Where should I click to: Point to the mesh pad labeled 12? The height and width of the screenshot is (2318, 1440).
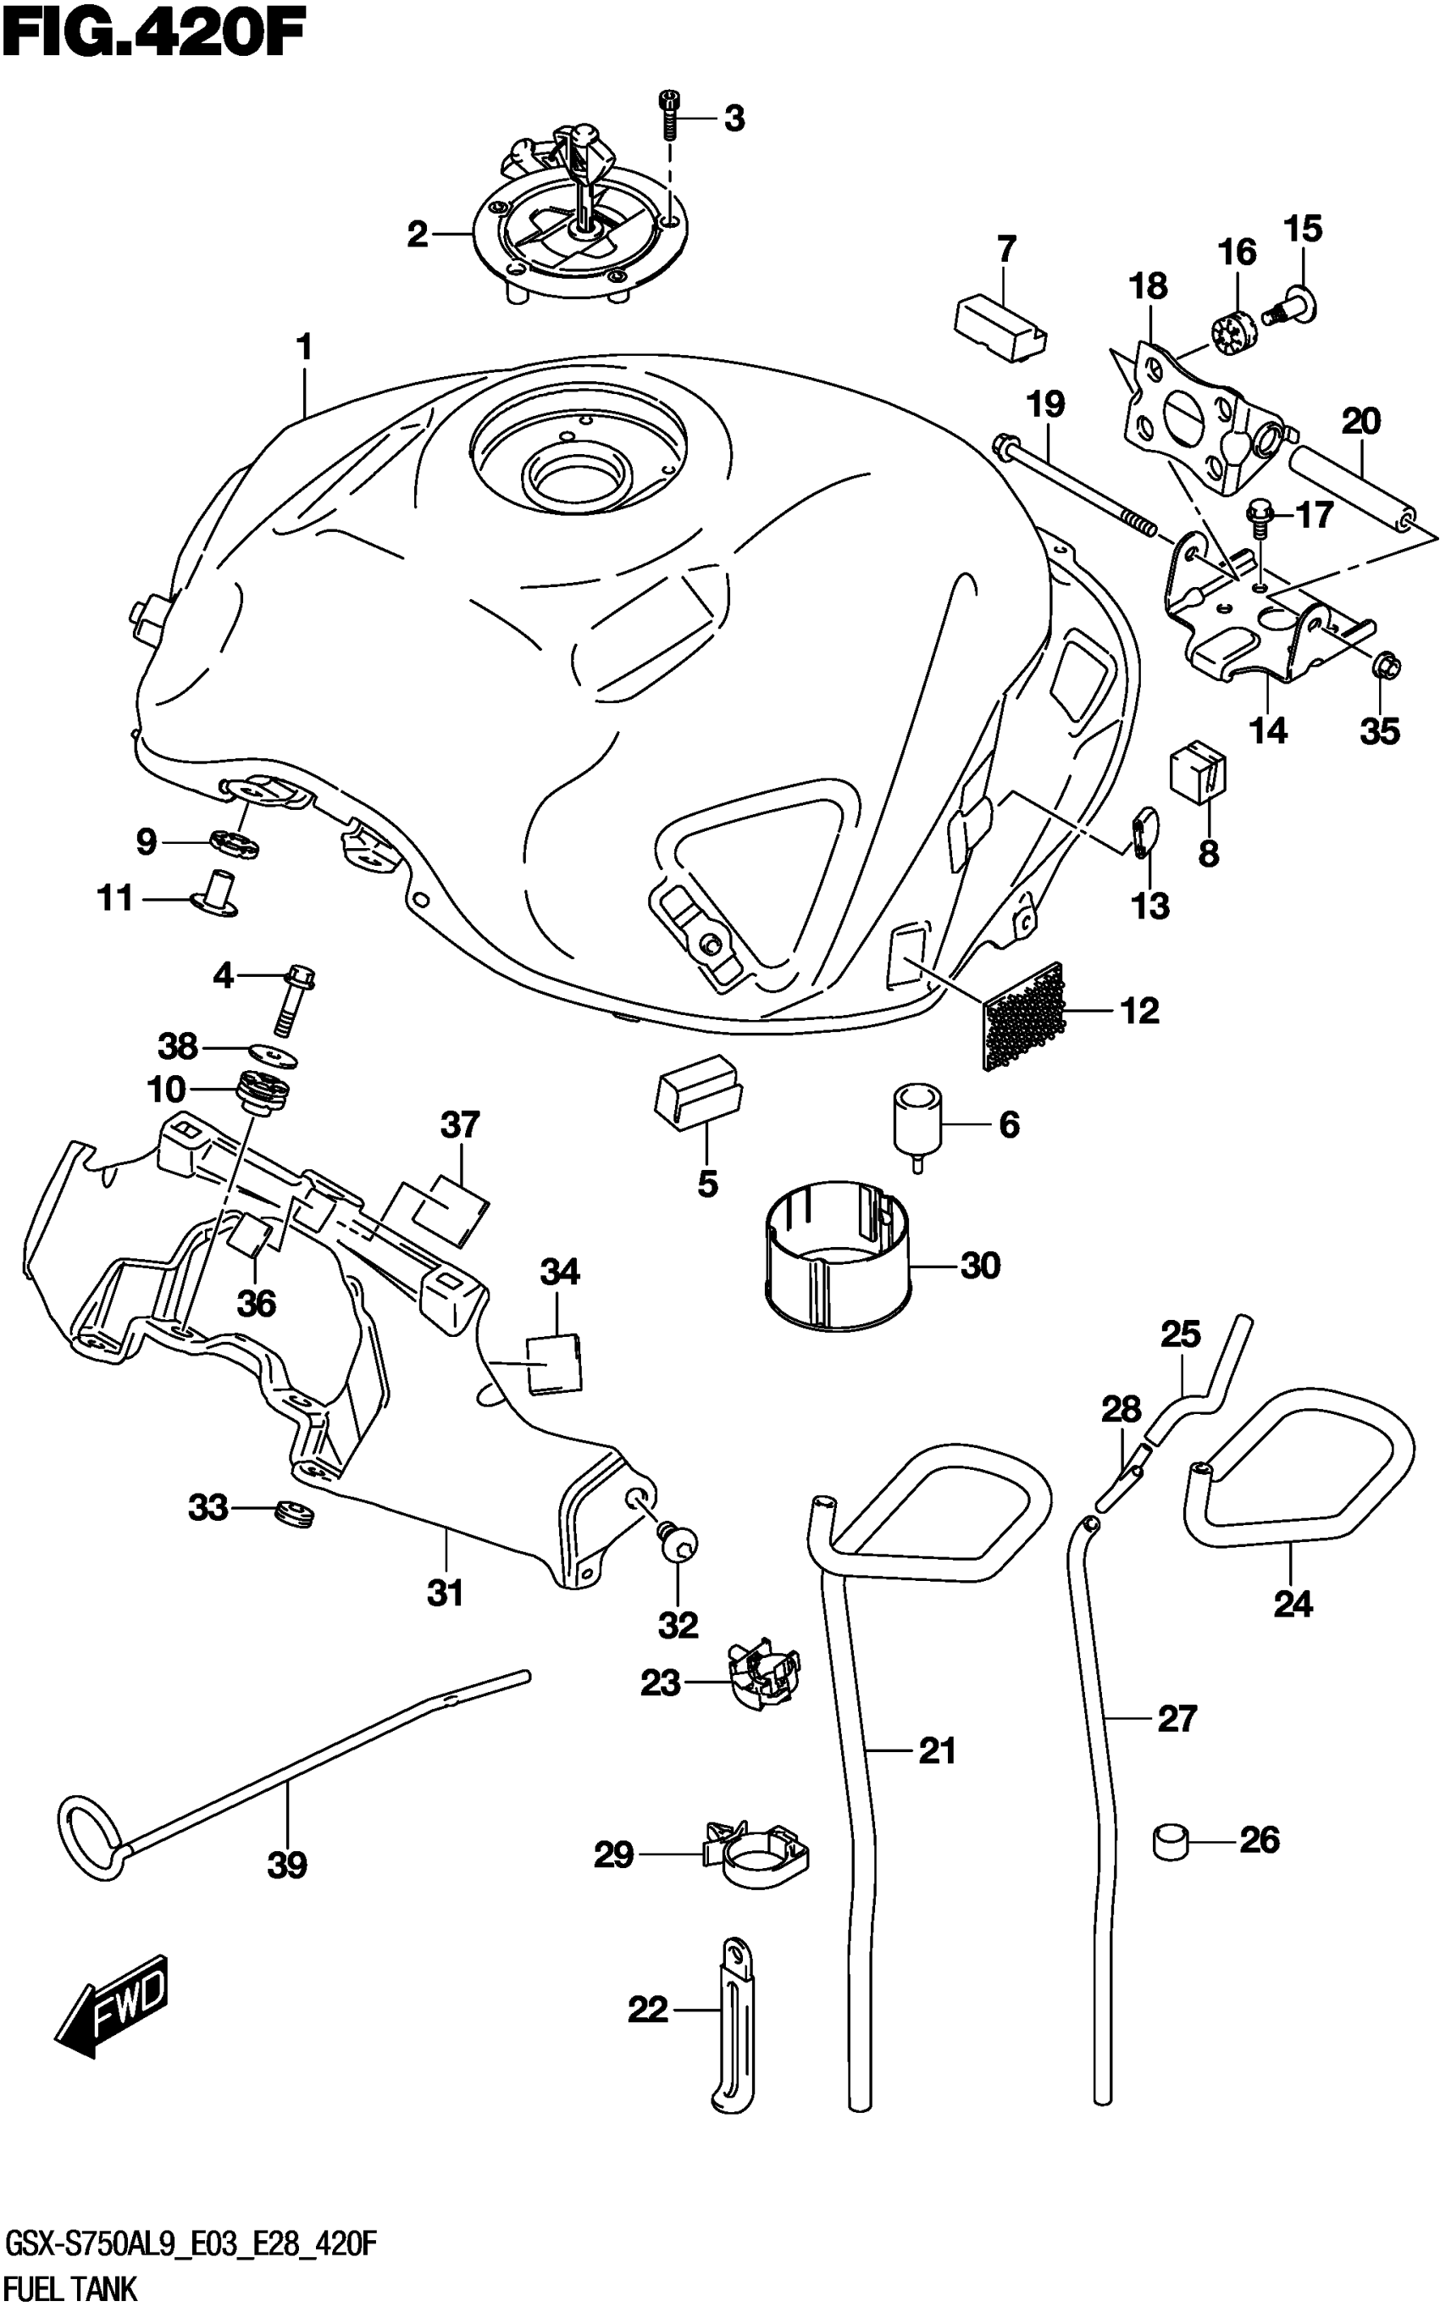[x=1025, y=1013]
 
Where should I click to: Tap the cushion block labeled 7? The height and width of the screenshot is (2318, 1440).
[x=1000, y=328]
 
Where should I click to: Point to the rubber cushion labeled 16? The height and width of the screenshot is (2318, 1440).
[x=1235, y=332]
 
